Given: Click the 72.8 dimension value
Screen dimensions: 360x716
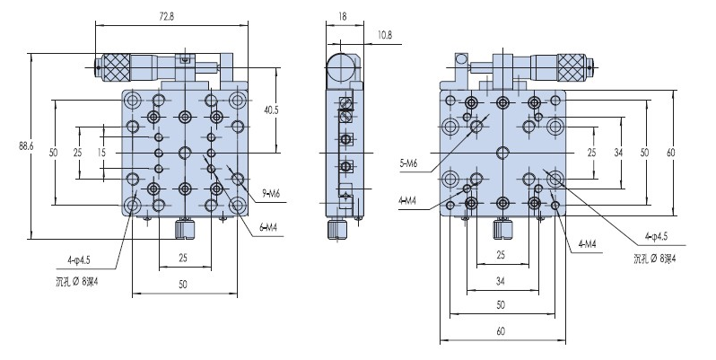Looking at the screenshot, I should point(165,15).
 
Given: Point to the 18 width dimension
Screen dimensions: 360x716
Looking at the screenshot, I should point(342,15).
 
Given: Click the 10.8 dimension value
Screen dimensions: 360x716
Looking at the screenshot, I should point(383,34).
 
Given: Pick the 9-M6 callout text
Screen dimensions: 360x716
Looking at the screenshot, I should point(272,194).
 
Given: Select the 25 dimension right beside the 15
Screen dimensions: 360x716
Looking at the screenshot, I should point(78,154).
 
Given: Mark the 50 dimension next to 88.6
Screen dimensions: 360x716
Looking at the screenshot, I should point(54,154).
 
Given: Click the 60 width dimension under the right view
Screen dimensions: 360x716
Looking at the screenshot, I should point(502,330).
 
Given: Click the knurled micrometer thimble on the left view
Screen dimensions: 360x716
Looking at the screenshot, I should point(115,66).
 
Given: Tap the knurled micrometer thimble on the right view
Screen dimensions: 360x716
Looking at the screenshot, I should point(572,66).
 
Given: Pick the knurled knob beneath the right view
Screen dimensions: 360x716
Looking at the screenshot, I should point(501,231).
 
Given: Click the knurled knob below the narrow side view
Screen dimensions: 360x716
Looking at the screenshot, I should point(337,231).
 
